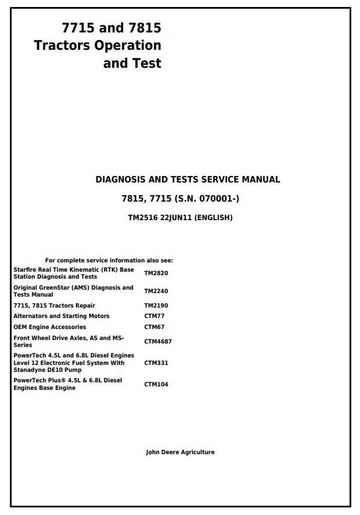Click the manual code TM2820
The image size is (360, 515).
click(x=156, y=273)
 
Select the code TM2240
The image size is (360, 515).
click(x=156, y=291)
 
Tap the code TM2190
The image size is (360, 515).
click(x=156, y=305)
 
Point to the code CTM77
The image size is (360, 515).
click(x=153, y=316)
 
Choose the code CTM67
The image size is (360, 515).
click(x=153, y=327)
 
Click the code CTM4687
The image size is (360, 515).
click(x=157, y=341)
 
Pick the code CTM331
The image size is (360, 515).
click(x=156, y=363)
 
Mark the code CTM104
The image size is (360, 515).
click(x=156, y=384)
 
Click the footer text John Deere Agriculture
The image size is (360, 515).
click(x=180, y=452)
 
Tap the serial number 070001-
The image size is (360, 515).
click(x=217, y=199)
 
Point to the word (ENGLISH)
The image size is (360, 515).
click(x=214, y=218)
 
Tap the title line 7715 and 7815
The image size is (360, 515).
click(x=111, y=27)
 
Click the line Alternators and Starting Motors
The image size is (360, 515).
click(x=61, y=316)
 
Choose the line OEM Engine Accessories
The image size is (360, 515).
click(x=50, y=327)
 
